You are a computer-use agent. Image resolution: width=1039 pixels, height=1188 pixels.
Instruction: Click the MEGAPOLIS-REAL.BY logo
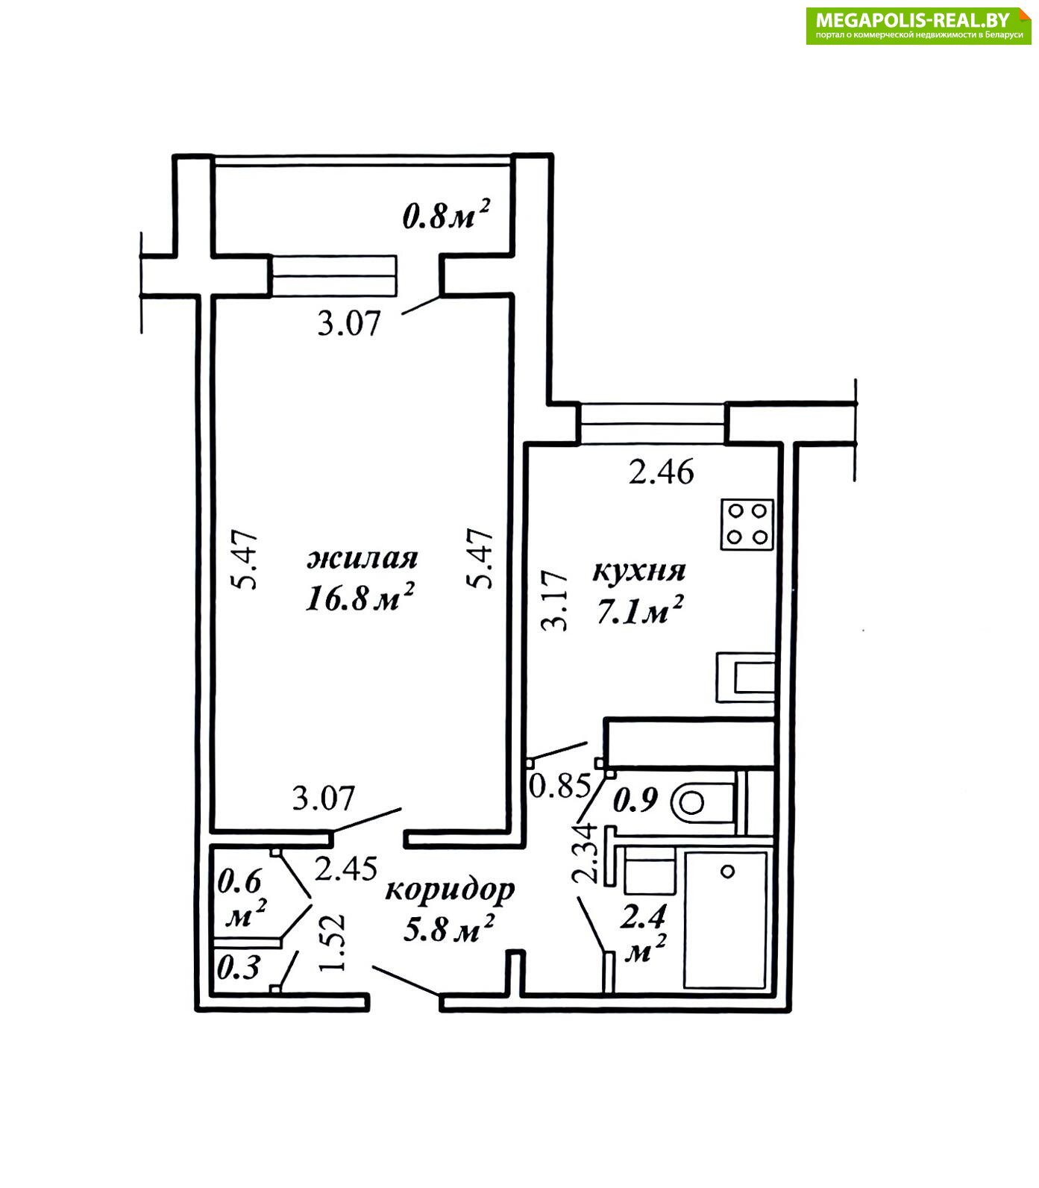point(918,25)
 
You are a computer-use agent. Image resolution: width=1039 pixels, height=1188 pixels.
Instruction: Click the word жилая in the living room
point(362,558)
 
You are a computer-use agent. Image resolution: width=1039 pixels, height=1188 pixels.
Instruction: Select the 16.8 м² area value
point(360,598)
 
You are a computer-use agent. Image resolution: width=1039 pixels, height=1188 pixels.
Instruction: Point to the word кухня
point(639,571)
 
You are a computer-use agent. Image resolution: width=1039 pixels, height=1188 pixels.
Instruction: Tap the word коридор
point(450,891)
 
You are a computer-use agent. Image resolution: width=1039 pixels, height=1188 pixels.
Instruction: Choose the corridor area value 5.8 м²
point(449,929)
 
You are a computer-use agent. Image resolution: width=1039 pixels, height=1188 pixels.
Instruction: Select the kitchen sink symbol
point(746,677)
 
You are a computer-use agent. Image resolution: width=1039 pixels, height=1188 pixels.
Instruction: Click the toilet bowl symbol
point(703,803)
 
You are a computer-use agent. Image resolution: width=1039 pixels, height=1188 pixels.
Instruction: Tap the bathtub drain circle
point(728,871)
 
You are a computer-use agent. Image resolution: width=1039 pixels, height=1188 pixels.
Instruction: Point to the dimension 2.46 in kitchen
point(662,472)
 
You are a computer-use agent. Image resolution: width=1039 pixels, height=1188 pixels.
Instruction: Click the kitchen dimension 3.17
point(555,601)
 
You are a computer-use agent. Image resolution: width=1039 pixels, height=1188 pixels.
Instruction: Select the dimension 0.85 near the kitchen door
point(560,785)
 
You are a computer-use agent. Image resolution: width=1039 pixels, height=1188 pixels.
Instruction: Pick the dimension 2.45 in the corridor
point(345,869)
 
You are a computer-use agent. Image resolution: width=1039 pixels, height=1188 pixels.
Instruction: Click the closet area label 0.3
point(239,968)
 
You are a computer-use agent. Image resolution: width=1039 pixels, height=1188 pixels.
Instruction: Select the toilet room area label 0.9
point(635,800)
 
